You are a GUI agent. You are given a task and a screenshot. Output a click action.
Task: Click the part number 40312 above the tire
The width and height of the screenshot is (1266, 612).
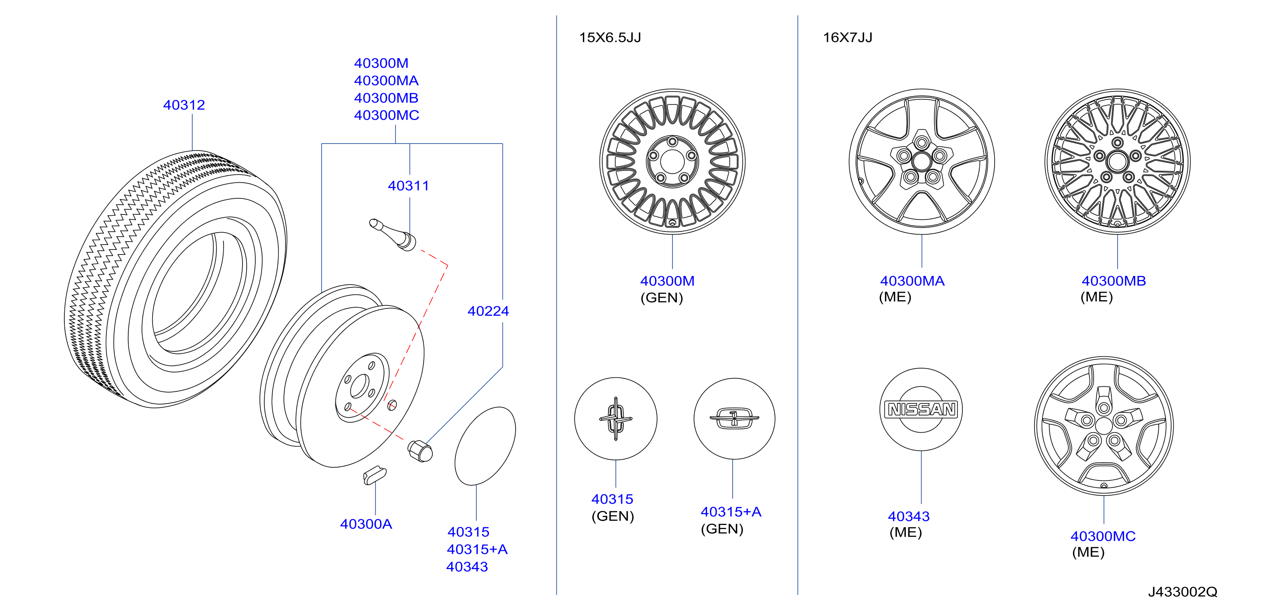point(184,105)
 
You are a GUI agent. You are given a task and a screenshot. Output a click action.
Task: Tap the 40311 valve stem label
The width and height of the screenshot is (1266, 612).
point(408,186)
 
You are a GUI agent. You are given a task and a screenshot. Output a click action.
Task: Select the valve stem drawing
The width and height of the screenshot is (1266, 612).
point(393,235)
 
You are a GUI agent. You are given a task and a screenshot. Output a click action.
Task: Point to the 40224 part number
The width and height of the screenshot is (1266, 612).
point(488,311)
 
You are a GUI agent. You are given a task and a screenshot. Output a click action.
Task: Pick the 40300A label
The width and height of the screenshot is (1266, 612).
point(366,525)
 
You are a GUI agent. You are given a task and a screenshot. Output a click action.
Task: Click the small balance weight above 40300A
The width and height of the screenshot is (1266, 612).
point(375,475)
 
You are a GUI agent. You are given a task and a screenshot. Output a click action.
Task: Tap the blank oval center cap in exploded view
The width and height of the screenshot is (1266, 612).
point(485,446)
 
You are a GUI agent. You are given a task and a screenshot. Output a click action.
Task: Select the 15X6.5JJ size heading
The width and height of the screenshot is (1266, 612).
point(610,38)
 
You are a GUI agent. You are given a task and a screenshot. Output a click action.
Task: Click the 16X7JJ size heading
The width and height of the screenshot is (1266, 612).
point(848,38)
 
